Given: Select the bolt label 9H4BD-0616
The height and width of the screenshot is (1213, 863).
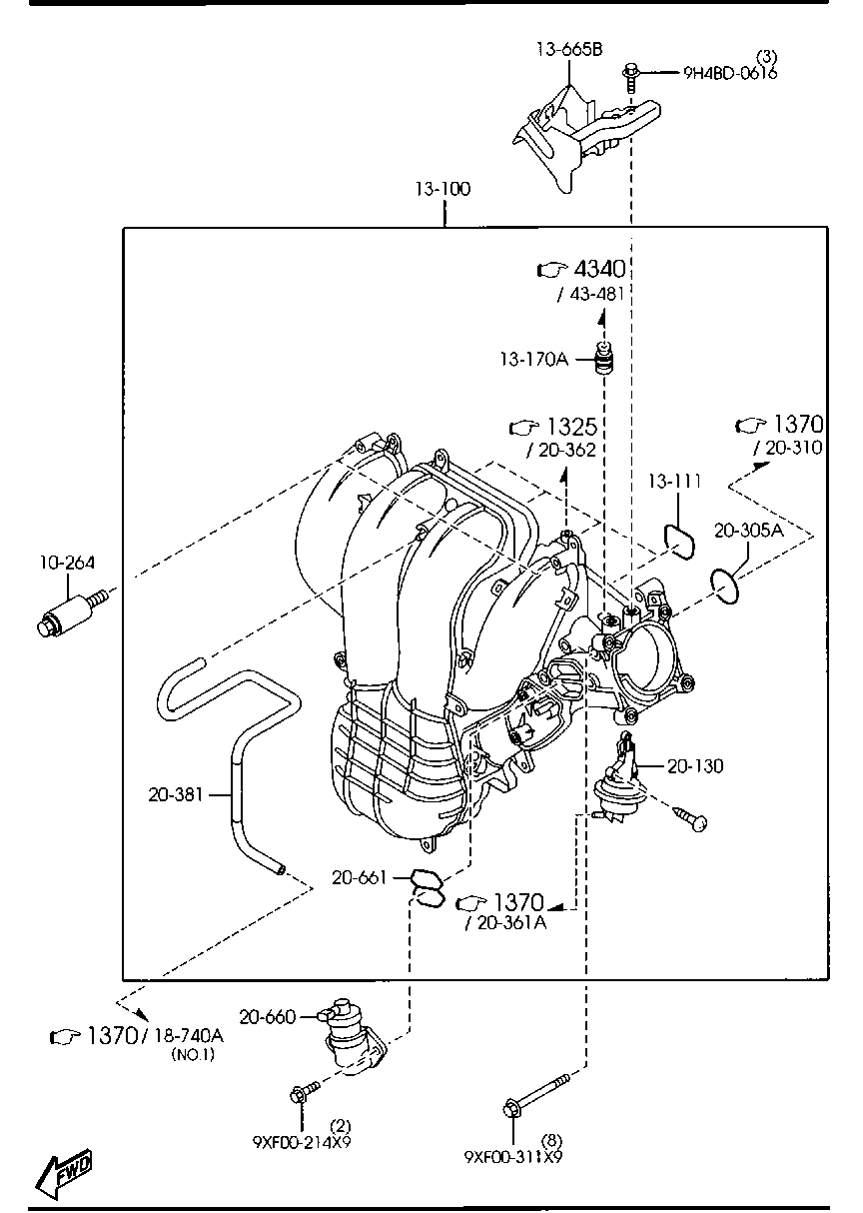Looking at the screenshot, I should [x=730, y=72].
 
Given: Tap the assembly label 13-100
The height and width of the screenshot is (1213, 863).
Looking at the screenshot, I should [x=444, y=189].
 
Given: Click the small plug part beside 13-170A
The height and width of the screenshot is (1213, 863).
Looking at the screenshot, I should [x=603, y=358].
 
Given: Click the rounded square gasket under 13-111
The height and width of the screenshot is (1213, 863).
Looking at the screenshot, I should [x=682, y=538].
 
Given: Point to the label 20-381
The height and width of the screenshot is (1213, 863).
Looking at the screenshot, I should [x=176, y=794].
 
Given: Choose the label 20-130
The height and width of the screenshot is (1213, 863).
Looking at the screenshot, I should [x=696, y=765].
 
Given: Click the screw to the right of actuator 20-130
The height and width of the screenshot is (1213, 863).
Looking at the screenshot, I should [x=689, y=817].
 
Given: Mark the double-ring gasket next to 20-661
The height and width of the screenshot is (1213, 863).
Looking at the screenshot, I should [x=428, y=888].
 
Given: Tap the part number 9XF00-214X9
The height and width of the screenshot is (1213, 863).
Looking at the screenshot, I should [x=301, y=1140].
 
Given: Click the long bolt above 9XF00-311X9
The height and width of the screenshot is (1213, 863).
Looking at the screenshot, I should [x=537, y=1094].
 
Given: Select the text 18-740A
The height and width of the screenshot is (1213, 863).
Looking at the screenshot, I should [x=189, y=1036].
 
